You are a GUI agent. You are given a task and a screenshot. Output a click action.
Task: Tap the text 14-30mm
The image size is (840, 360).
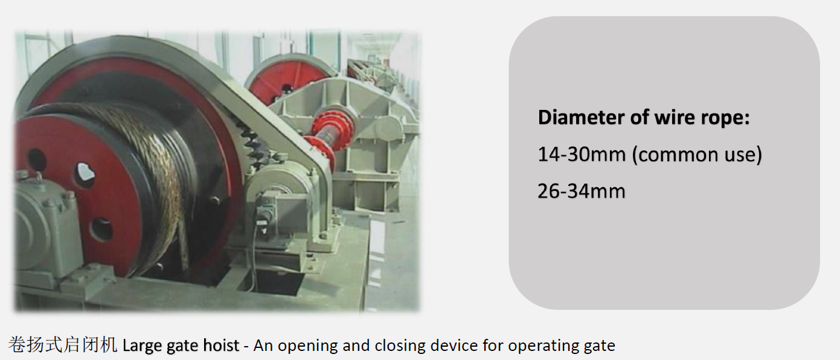582,155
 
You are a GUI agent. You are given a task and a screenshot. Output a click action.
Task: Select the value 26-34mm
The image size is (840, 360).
582,191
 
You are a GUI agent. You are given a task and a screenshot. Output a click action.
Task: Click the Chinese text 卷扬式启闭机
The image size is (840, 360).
63,345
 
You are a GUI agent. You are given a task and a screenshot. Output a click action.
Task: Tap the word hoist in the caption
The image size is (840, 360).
221,345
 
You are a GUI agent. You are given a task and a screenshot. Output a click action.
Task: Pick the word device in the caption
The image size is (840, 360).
454,345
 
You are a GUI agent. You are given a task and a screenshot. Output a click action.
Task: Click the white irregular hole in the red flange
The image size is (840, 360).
86,173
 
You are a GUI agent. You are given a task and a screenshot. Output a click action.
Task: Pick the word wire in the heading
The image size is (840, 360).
675,118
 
